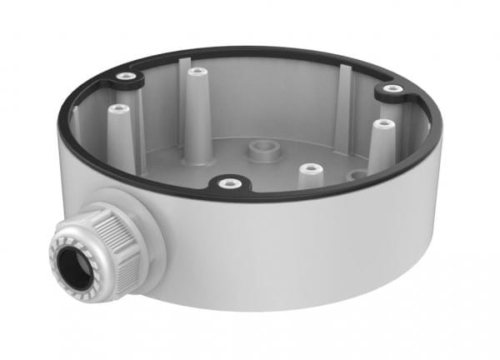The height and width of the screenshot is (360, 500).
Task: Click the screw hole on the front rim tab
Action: click(226, 182)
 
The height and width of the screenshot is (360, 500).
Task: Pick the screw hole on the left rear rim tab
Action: click(126, 77)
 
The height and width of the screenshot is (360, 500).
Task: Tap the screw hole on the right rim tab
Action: click(392, 88)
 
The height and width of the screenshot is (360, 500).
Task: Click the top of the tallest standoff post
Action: click(196, 72)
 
